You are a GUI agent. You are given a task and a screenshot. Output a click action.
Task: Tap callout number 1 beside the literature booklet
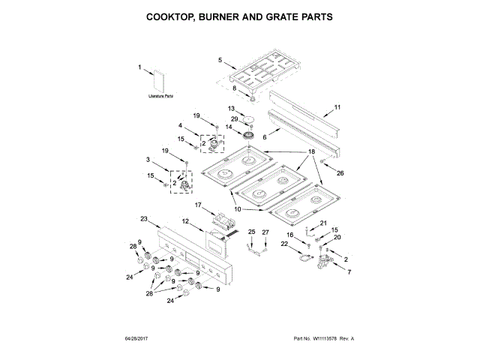[x=139, y=68]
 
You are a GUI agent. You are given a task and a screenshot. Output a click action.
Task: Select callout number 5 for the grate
[x=220, y=59]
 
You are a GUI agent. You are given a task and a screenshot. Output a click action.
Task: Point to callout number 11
[x=337, y=107]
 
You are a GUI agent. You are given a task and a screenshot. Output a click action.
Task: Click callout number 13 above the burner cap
[x=232, y=109]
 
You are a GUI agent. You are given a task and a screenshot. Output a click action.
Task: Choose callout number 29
[x=234, y=118]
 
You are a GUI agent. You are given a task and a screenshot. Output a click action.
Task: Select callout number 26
[x=340, y=173]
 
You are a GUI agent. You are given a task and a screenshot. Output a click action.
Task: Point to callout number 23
[x=144, y=218]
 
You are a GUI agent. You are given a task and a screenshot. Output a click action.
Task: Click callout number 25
[x=252, y=232]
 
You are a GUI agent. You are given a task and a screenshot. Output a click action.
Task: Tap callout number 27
[x=264, y=232]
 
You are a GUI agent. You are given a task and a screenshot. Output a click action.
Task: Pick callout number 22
[x=284, y=244]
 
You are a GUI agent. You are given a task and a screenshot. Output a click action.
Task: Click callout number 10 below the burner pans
[x=238, y=210]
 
